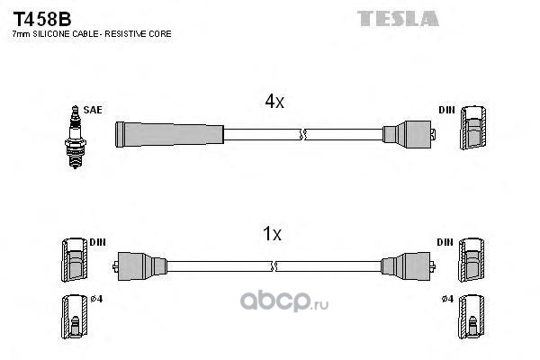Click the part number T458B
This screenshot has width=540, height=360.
[x=42, y=19]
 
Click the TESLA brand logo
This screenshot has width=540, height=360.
[x=398, y=19]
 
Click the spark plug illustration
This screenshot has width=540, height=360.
[x=75, y=137]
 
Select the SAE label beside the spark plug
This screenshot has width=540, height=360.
[x=93, y=110]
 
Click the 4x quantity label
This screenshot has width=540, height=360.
[x=274, y=102]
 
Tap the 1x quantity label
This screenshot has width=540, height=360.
[x=272, y=234]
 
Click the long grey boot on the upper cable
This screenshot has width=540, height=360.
[x=169, y=134]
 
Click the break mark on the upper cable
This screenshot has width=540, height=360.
[x=302, y=134]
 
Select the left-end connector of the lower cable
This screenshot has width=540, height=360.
[x=139, y=266]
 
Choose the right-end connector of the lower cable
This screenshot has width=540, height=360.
[x=408, y=266]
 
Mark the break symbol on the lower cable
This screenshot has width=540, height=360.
[x=274, y=266]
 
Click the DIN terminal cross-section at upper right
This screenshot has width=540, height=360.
[x=473, y=128]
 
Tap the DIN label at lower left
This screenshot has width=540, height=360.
[x=97, y=242]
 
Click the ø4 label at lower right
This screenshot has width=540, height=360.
[x=447, y=299]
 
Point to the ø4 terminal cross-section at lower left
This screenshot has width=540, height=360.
[x=75, y=317]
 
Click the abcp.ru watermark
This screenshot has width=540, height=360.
[x=284, y=301]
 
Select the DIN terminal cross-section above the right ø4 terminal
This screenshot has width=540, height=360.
[x=472, y=260]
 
